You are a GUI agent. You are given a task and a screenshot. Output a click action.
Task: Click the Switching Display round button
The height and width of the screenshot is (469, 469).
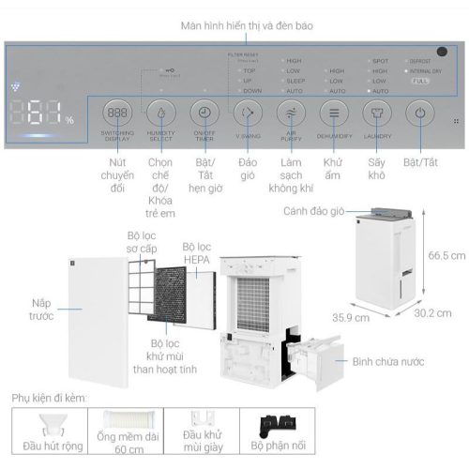pyautogui.click(x=117, y=113)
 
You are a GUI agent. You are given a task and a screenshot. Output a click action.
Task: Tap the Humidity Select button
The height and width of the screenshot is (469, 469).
pyautogui.click(x=160, y=113)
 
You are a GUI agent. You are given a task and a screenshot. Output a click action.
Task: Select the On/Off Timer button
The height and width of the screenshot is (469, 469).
pyautogui.click(x=204, y=113)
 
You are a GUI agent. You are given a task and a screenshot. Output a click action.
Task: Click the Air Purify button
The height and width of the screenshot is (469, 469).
pyautogui.click(x=291, y=113)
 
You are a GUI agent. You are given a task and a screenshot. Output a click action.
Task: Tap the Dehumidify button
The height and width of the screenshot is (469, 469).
pyautogui.click(x=334, y=113)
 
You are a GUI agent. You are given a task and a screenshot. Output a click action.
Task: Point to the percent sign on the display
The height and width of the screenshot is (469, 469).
pyautogui.click(x=69, y=120)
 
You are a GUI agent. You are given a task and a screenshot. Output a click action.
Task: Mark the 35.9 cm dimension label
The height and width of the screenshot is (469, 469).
pyautogui.click(x=349, y=317)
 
